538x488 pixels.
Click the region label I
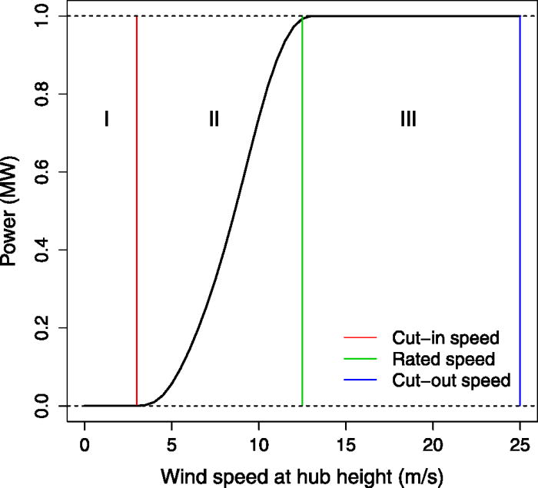pyautogui.click(x=107, y=118)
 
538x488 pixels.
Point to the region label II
pyautogui.click(x=214, y=118)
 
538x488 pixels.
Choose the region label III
pyautogui.click(x=408, y=118)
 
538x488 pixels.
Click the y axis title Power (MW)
pyautogui.click(x=13, y=211)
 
